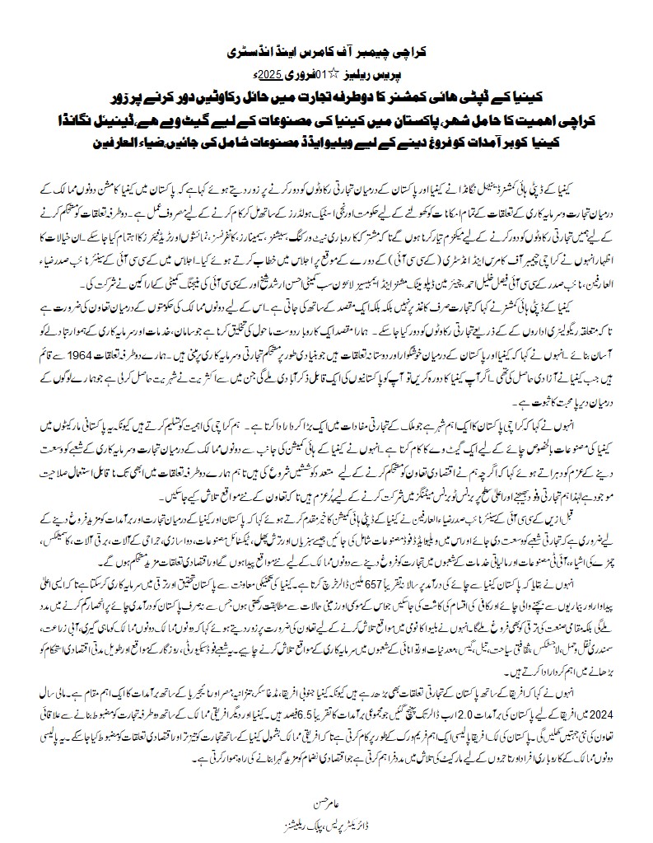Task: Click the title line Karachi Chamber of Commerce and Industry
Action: [325, 51]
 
